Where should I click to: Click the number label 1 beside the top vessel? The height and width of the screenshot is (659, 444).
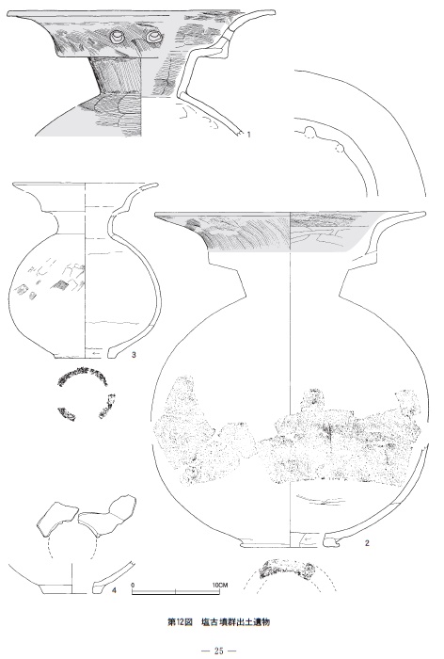[x=248, y=135]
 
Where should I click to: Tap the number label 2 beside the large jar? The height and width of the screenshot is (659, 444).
[x=367, y=543]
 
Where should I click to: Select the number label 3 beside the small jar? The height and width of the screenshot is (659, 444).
[x=134, y=355]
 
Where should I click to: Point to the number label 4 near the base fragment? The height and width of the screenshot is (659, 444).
[x=114, y=590]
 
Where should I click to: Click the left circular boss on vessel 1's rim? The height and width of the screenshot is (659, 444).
[x=118, y=38]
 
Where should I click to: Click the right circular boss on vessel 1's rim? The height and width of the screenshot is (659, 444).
[x=154, y=38]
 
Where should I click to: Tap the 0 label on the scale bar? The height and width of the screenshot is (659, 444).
[x=133, y=585]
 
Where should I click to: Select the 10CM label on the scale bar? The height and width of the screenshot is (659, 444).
[x=220, y=585]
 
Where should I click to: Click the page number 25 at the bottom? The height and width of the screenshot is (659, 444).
[x=219, y=651]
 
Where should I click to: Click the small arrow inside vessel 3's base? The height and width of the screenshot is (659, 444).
[x=95, y=354]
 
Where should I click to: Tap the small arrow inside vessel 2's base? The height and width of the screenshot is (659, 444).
[x=309, y=539]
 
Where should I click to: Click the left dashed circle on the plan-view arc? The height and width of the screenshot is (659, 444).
[x=309, y=134]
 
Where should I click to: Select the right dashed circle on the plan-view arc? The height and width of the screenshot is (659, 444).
[x=340, y=149]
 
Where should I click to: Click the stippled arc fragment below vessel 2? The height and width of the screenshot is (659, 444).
[x=287, y=569]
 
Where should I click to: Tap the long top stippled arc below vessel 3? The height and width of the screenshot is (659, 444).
[x=83, y=373]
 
